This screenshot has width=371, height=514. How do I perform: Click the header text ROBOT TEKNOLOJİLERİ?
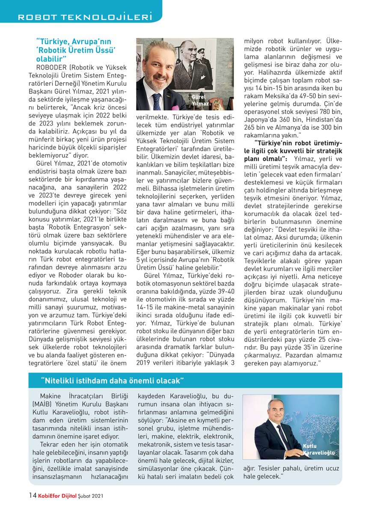click(x=84, y=18)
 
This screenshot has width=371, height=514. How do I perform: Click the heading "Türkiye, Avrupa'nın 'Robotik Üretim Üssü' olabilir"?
click(x=76, y=50)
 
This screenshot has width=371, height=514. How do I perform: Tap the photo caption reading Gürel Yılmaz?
click(x=200, y=101)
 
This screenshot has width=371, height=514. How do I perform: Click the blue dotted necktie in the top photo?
click(x=157, y=101)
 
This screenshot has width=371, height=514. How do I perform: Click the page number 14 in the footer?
click(x=32, y=496)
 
